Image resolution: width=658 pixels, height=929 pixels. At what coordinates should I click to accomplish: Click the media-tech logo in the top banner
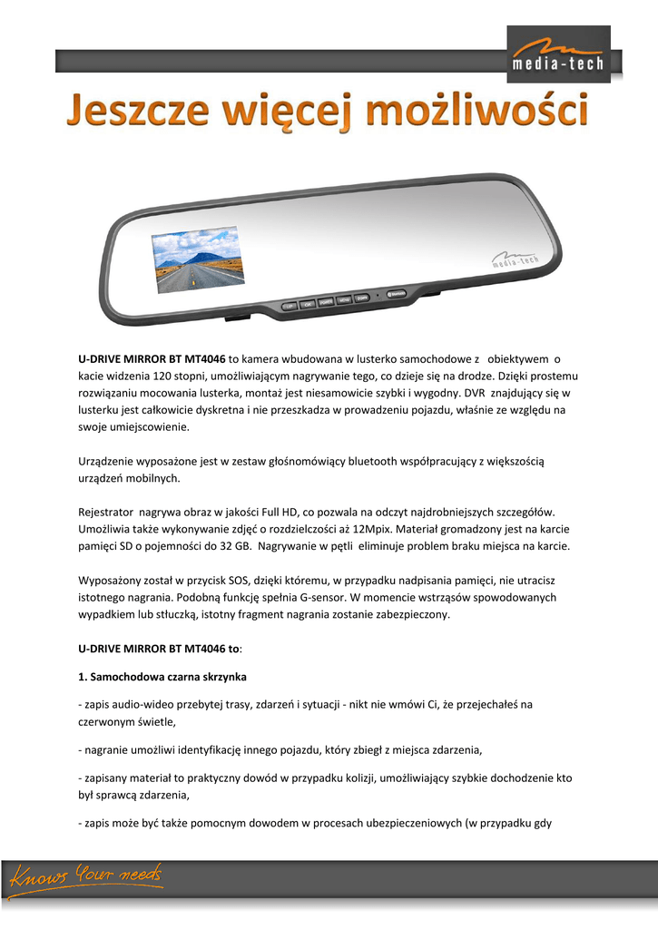[x=553, y=52]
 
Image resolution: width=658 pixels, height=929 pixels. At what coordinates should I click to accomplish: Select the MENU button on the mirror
[x=345, y=299]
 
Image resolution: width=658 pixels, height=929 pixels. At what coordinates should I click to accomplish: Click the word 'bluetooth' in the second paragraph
[x=348, y=462]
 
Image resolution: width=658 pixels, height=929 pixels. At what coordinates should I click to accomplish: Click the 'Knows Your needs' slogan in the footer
[x=86, y=878]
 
